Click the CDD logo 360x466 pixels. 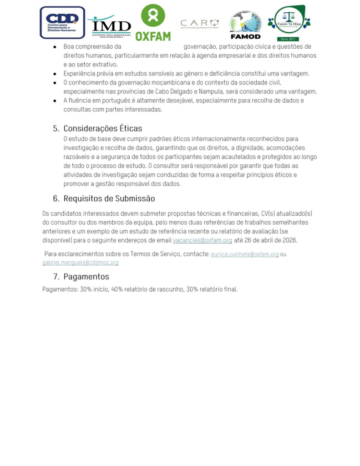62,22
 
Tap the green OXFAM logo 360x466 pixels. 153,23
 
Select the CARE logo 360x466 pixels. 200,24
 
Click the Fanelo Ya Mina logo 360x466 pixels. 289,23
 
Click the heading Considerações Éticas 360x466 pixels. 103,128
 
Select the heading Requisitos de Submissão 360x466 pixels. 109,198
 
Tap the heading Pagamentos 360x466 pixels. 86,277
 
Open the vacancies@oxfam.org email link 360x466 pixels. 203,240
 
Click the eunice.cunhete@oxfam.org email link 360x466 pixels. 245,254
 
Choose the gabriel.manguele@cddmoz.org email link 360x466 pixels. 81,263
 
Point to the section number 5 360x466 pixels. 56,128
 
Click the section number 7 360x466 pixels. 56,277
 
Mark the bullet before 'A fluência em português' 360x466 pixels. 55,101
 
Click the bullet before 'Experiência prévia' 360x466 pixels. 55,74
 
